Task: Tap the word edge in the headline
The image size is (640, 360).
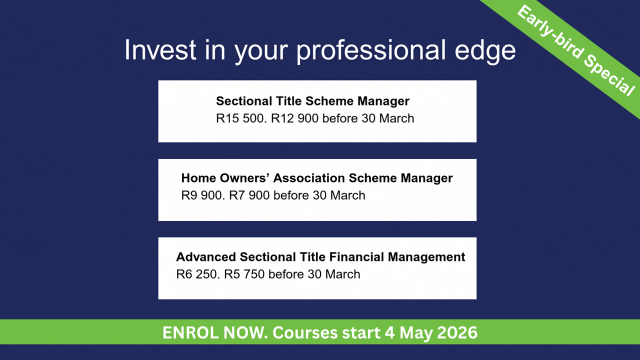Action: tap(485, 51)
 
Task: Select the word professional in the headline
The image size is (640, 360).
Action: tap(371, 51)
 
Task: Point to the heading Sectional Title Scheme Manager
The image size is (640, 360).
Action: tap(312, 101)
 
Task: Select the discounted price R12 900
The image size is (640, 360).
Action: tap(294, 118)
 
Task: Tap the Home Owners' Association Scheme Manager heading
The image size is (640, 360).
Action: tap(317, 178)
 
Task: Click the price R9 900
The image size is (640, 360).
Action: tap(203, 195)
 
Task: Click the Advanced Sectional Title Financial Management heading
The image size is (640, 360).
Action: tap(320, 257)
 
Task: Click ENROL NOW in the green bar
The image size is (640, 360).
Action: tap(215, 332)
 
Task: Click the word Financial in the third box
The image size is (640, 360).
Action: tap(356, 257)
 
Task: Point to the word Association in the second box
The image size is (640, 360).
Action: tap(309, 178)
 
